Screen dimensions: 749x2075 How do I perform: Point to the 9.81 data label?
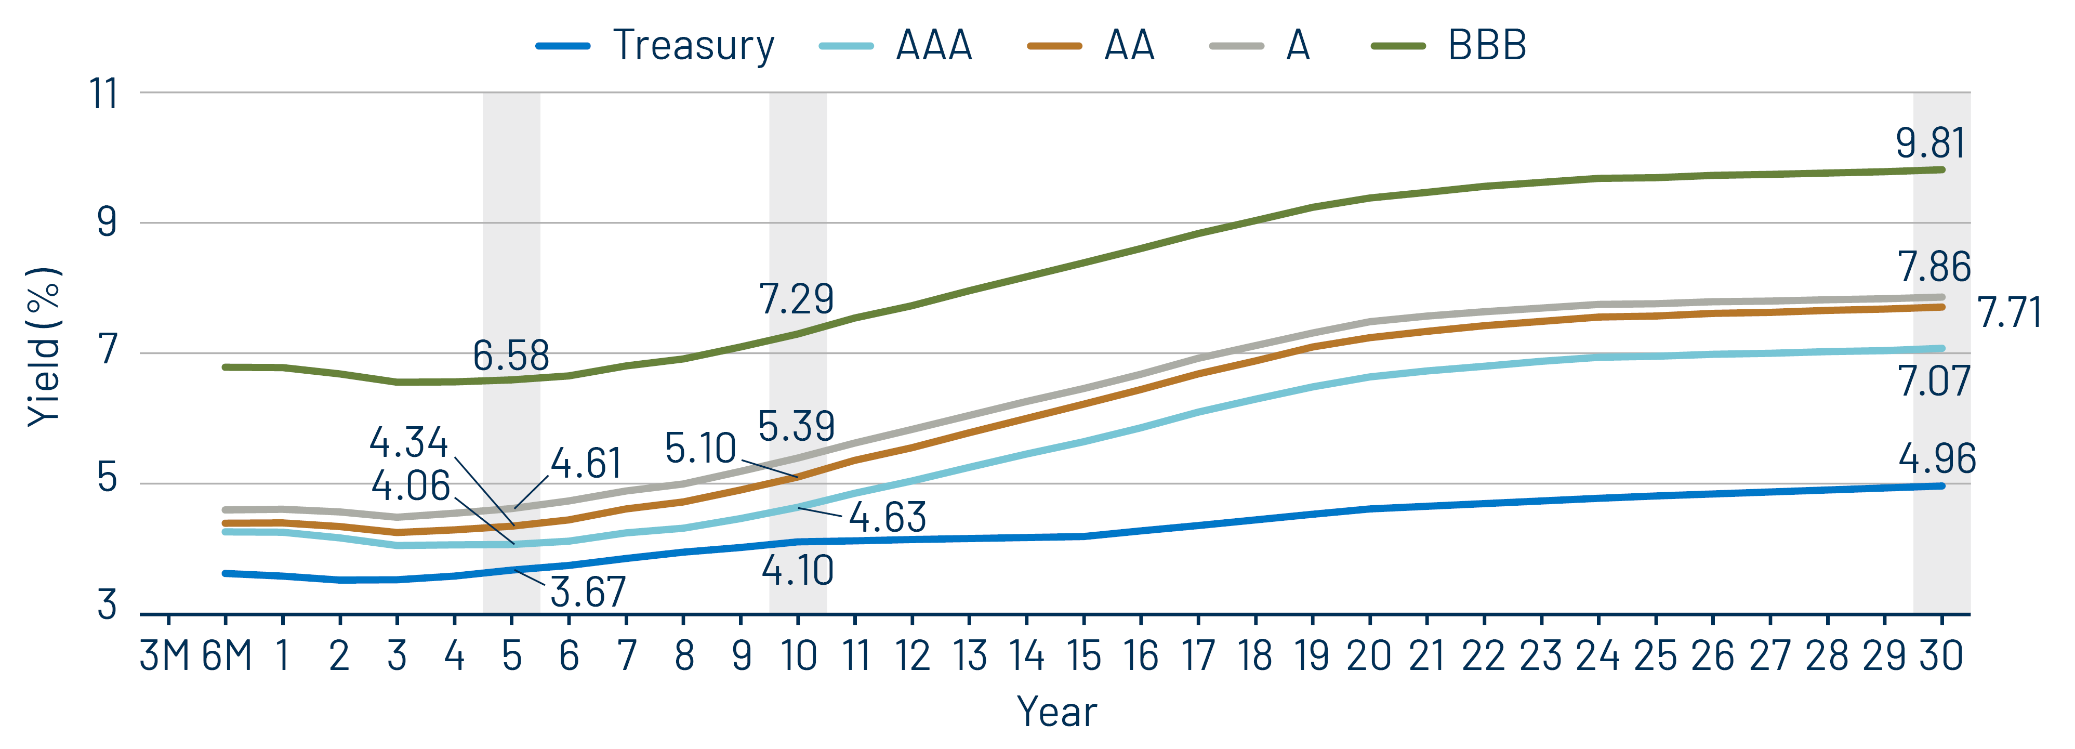tap(1930, 143)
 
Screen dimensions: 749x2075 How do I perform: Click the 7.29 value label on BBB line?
tap(796, 299)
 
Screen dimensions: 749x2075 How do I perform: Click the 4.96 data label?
tap(1936, 459)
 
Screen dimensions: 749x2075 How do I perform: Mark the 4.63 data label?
tap(888, 517)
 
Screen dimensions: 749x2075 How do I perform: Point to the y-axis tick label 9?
tap(107, 222)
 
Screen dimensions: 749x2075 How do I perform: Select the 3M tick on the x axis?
tap(165, 655)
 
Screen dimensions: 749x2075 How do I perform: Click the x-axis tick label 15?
tap(1083, 655)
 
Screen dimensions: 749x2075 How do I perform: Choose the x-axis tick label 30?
tap(1940, 655)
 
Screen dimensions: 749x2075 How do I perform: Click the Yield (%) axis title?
tap(44, 346)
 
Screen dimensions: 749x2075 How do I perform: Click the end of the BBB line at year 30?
tap(1941, 170)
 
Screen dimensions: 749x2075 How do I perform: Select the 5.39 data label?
tap(796, 426)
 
